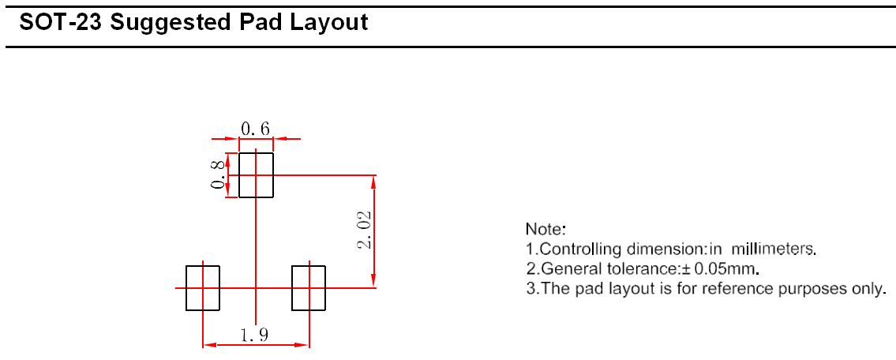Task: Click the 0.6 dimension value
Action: (x=255, y=129)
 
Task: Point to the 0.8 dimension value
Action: (x=218, y=174)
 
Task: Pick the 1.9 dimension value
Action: (x=254, y=335)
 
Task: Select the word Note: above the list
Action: (x=545, y=230)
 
